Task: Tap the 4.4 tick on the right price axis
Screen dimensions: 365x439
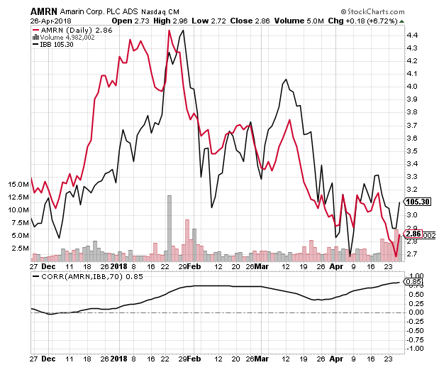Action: tap(411, 35)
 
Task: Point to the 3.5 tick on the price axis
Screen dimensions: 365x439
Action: tap(411, 151)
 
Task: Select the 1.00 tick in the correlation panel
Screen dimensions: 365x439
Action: tap(416, 276)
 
